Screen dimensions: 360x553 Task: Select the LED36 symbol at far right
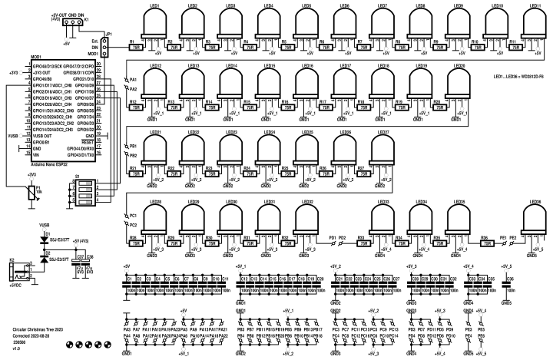click(x=532, y=219)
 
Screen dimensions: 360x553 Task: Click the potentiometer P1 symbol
click(x=31, y=191)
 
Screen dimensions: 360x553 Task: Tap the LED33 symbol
click(x=382, y=218)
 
